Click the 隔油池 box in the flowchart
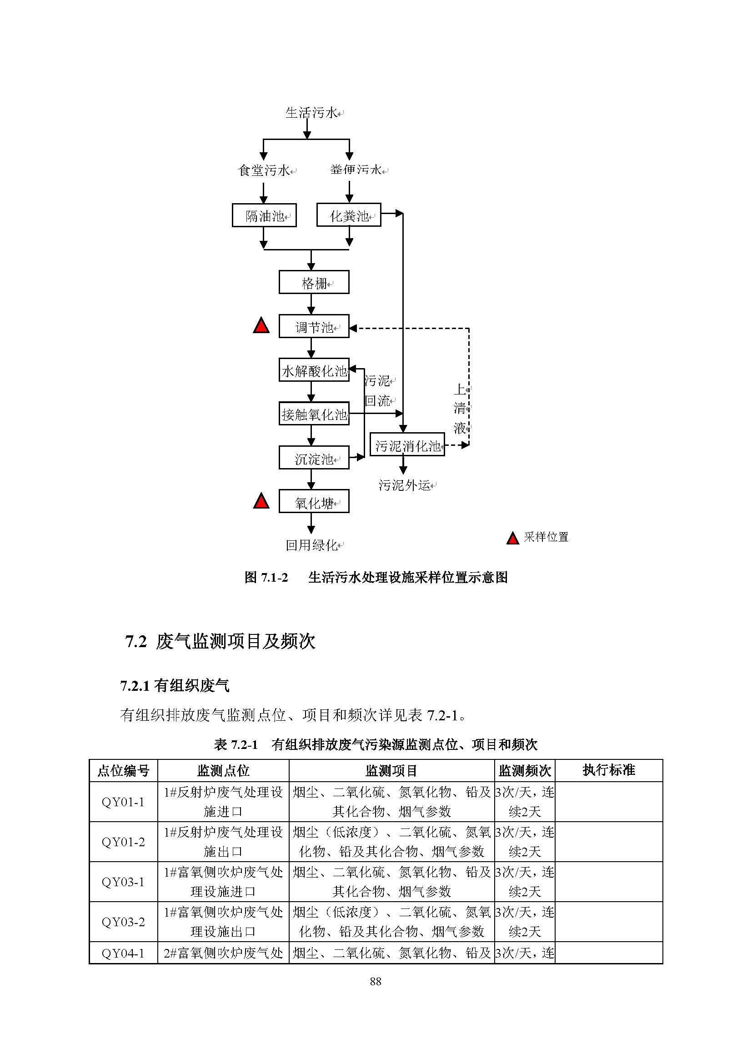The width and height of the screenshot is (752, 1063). point(264,215)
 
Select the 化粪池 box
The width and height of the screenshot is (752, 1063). point(349,215)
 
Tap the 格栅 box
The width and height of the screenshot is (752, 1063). point(314,282)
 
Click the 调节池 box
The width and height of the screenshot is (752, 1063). point(314,326)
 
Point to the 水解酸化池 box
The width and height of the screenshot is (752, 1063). point(314,370)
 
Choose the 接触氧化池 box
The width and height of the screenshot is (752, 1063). point(314,414)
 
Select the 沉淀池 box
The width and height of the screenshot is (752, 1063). point(314,458)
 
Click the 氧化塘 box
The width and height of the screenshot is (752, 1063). point(314,501)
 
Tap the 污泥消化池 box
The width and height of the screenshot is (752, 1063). point(407,444)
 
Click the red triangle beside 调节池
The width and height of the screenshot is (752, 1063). point(261,326)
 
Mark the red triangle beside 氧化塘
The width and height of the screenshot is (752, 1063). point(261,501)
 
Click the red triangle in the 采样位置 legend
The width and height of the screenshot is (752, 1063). point(512,539)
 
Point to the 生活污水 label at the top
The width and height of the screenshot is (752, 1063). point(311,113)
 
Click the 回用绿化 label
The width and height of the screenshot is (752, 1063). point(311,545)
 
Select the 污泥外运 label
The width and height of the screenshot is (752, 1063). point(405,485)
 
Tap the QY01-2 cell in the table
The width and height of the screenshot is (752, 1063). point(123,842)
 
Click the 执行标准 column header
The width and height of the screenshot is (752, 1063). point(609,770)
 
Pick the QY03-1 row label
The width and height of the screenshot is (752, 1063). point(123,882)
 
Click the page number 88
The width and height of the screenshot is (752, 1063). point(376,981)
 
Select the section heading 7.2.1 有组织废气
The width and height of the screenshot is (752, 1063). point(175,686)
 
